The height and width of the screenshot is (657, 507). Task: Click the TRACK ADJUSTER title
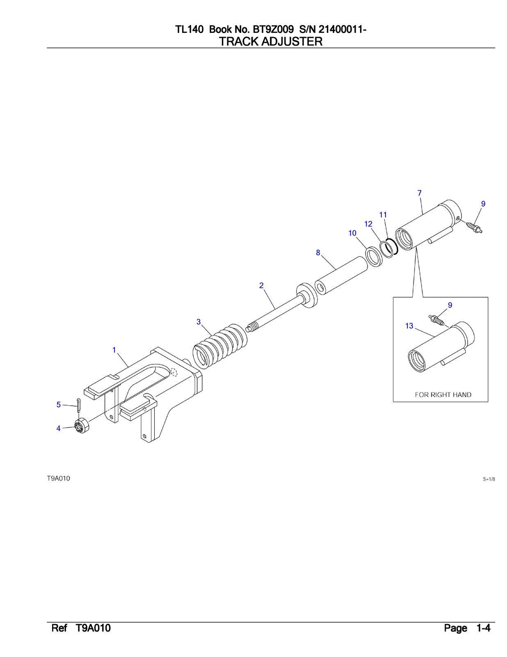pos(271,41)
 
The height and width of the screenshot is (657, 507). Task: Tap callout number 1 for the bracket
pos(114,350)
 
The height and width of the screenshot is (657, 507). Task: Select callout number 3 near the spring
pos(199,322)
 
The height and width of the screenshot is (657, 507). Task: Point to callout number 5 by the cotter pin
pos(59,405)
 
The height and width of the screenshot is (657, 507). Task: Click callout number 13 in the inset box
pos(409,326)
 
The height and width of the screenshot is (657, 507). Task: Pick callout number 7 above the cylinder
pos(419,193)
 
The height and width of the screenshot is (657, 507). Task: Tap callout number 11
pos(383,214)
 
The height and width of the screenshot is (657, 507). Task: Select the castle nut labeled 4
pos(83,425)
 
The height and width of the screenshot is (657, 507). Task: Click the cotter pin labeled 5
pos(78,404)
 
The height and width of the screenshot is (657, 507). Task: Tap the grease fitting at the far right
pos(475,227)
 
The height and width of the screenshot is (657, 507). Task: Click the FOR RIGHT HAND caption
pos(443,395)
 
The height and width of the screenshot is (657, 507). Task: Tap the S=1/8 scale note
pos(489,479)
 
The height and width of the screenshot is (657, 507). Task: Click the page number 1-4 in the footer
pos(483,628)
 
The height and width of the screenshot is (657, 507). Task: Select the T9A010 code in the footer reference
pos(93,628)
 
